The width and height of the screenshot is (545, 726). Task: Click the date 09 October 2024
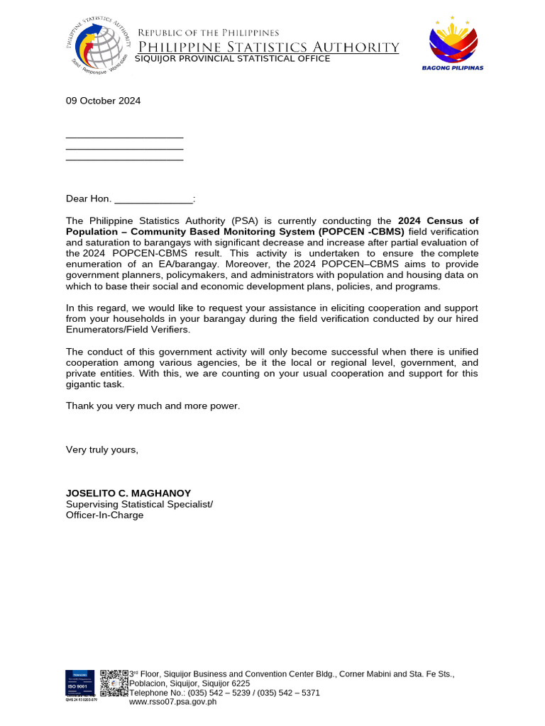tap(103, 101)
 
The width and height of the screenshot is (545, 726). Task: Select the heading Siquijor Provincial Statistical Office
tap(232, 59)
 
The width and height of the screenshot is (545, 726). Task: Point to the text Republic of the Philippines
tap(208, 33)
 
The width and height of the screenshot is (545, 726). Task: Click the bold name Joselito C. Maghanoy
tap(128, 493)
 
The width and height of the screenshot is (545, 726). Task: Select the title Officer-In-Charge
tap(104, 515)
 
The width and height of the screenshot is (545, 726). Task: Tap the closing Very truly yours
tap(102, 449)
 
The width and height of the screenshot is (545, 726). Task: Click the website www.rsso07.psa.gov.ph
tap(172, 702)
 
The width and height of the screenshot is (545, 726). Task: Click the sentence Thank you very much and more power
tap(153, 406)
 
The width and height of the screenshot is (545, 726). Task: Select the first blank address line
tap(124, 136)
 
